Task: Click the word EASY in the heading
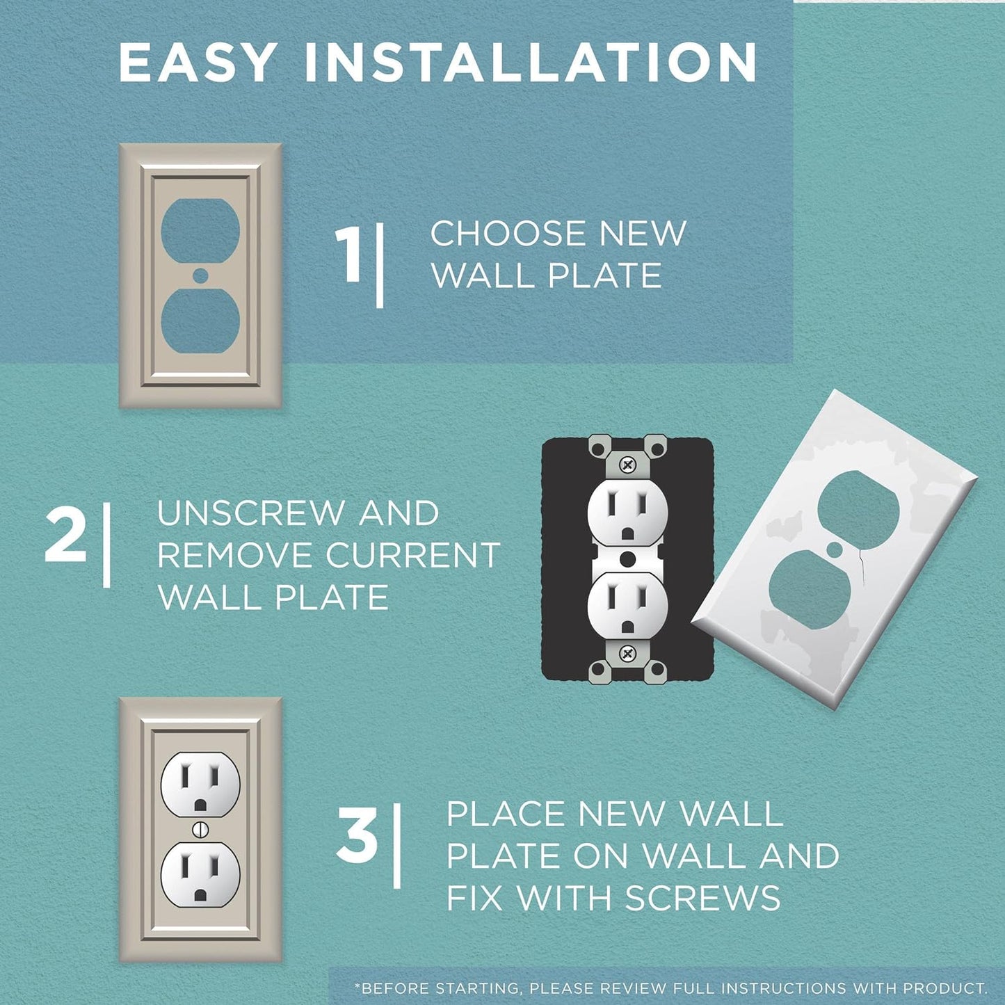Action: (197, 63)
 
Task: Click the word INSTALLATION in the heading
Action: (531, 63)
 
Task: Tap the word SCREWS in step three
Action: (703, 898)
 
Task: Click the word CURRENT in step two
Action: (413, 556)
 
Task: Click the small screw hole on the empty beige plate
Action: (200, 275)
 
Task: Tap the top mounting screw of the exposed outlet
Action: (628, 464)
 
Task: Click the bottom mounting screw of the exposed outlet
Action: (628, 653)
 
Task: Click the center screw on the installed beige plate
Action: (200, 829)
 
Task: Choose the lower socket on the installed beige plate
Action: (200, 876)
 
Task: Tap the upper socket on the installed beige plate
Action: (200, 784)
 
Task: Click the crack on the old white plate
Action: (861, 563)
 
